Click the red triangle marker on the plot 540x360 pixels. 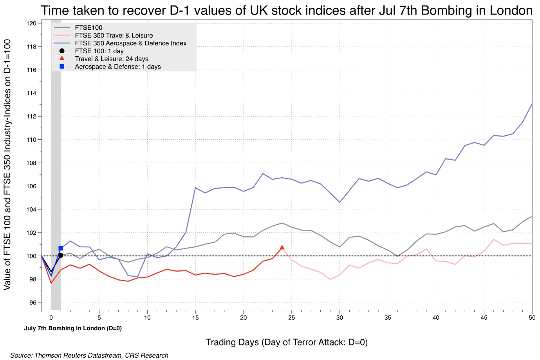282,247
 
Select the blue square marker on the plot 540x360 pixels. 61,248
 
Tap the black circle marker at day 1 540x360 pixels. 61,255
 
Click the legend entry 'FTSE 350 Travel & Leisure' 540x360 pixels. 114,35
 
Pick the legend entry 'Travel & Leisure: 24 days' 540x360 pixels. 112,59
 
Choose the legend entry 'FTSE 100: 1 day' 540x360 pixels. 99,51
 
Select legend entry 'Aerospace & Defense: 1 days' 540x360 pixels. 118,67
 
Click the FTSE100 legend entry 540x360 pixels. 88,27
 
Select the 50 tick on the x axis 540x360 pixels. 532,318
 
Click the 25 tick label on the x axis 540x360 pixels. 291,318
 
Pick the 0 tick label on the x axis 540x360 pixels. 51,318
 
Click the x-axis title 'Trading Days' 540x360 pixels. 287,342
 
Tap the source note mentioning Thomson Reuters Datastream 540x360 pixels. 89,355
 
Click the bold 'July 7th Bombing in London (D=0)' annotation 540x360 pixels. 73,328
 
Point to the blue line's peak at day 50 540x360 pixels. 532,103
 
